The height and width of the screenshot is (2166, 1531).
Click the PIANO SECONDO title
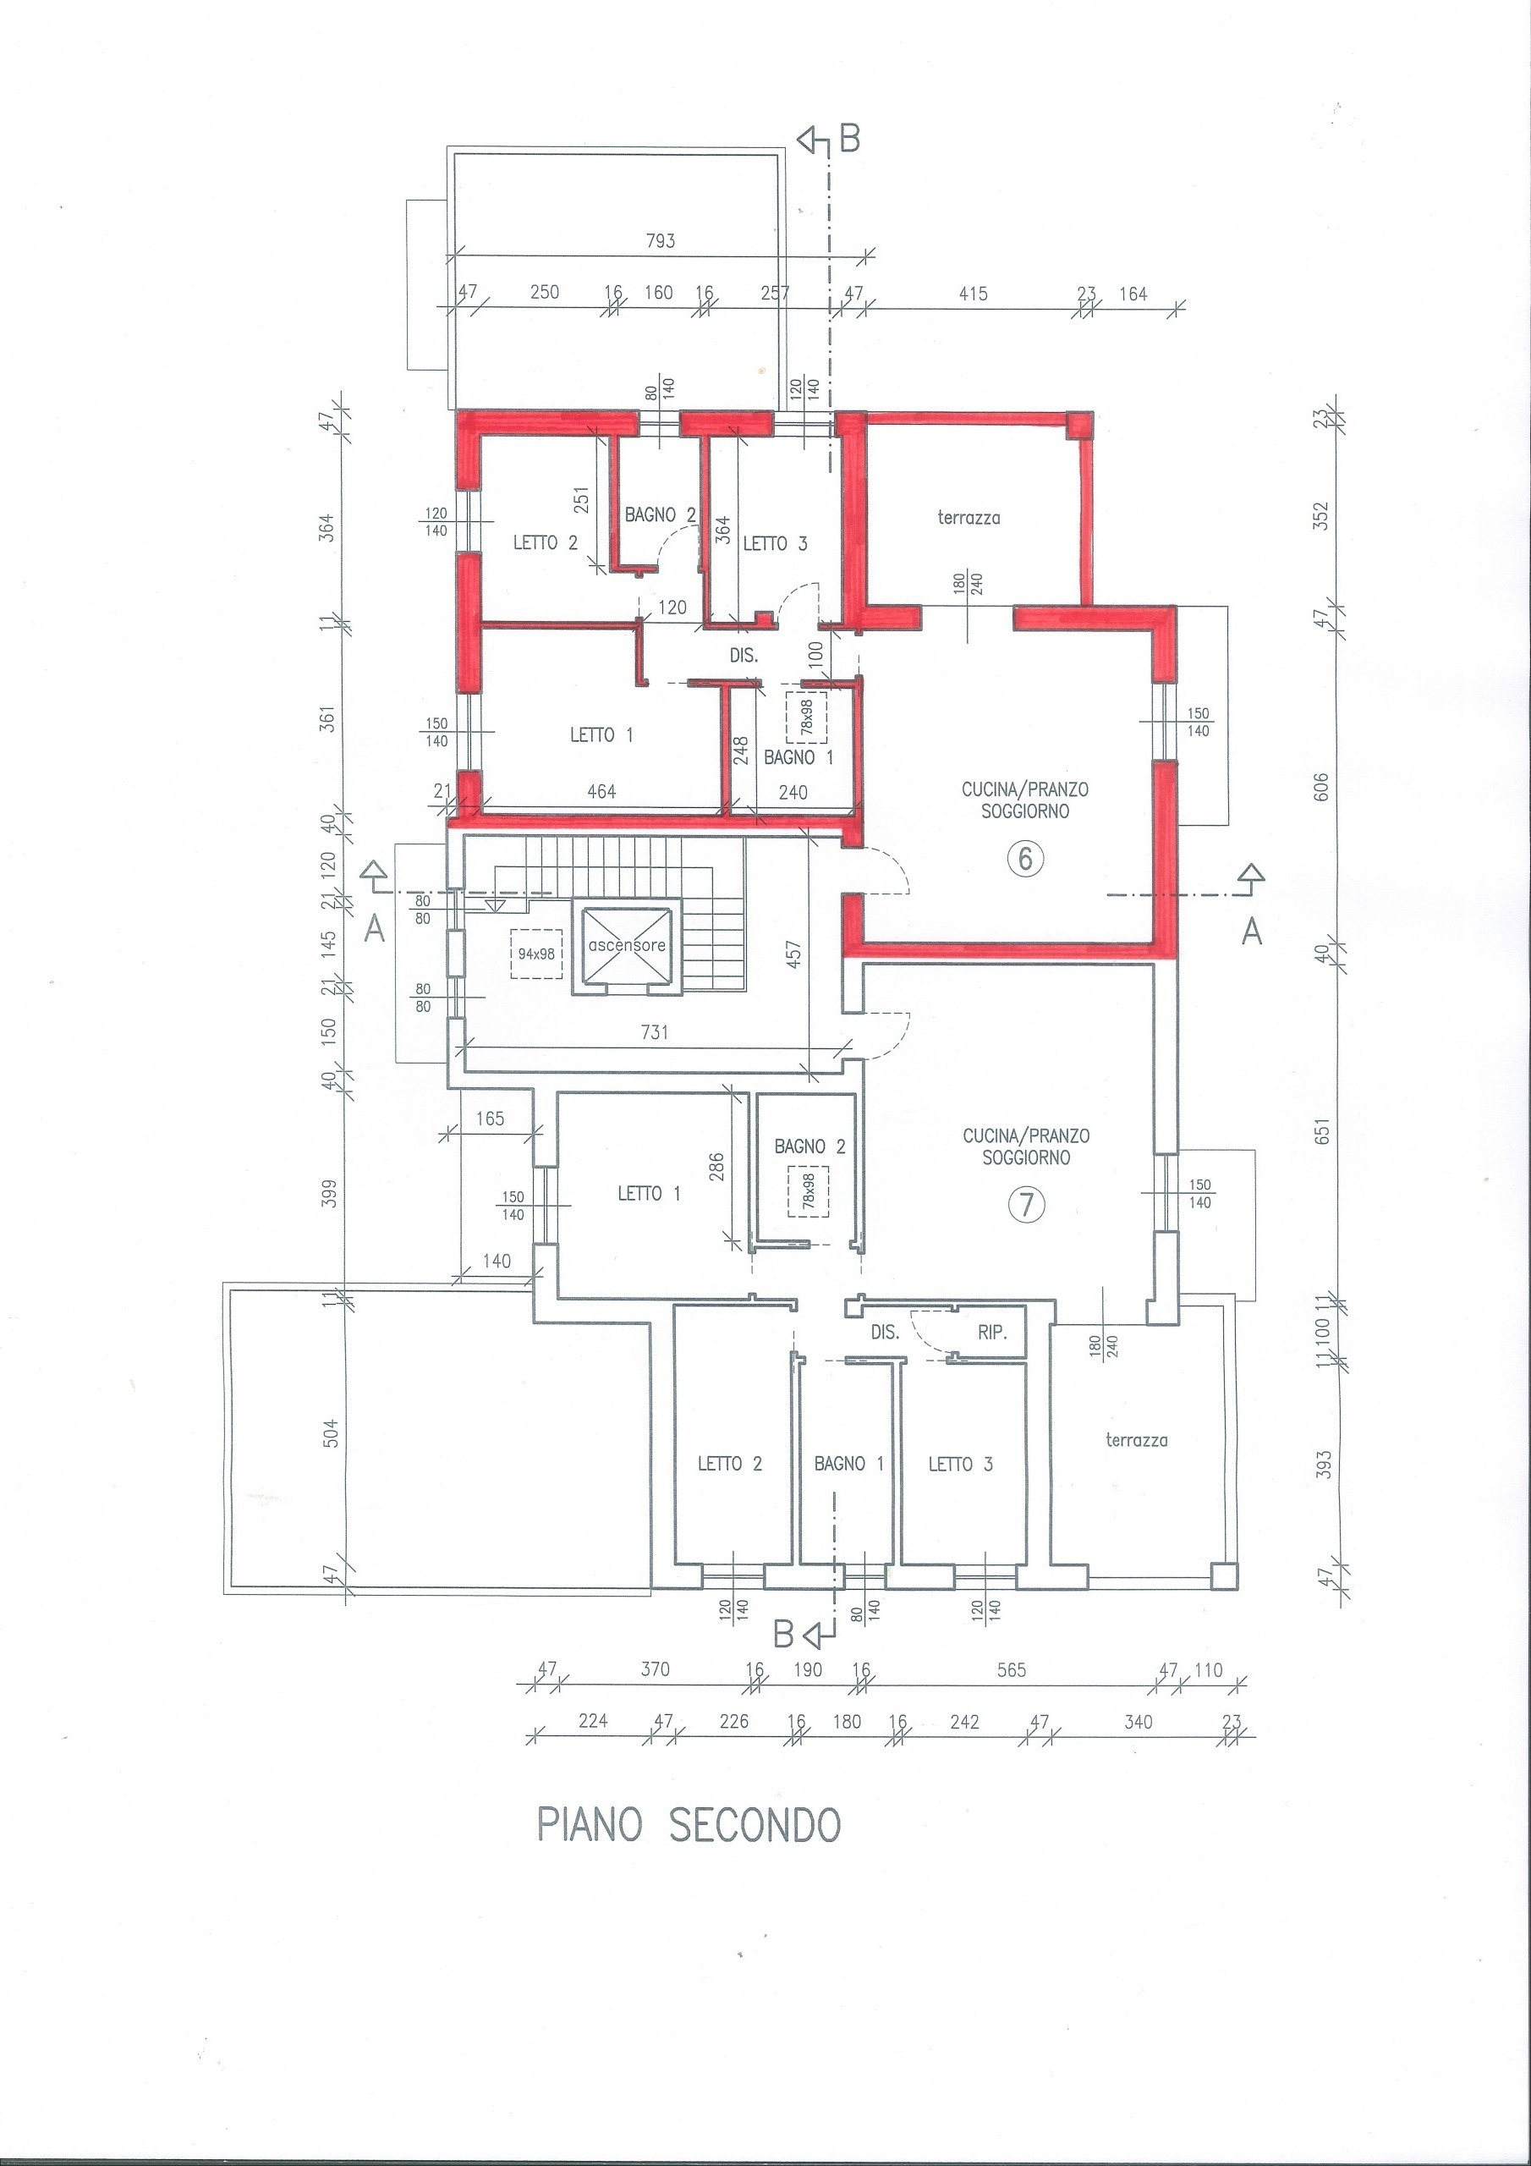coord(688,1825)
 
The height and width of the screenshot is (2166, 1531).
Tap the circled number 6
coord(1025,859)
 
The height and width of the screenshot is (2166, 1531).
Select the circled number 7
coord(1026,1204)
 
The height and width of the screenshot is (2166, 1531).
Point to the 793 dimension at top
coord(661,240)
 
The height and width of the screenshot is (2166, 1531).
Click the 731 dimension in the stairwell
coord(654,1032)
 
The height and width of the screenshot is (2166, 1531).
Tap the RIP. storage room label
coord(992,1333)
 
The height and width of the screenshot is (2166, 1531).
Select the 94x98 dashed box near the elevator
coord(535,954)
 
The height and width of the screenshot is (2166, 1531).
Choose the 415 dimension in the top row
coord(973,294)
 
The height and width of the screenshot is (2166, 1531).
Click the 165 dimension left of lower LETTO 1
coord(490,1119)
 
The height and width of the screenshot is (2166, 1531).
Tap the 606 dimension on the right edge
coord(1320,787)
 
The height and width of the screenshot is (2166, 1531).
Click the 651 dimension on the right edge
coord(1320,1131)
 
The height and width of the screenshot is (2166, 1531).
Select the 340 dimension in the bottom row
coord(1139,1722)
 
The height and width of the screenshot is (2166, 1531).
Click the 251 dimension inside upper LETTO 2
coord(581,501)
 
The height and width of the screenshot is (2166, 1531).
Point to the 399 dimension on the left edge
coord(329,1193)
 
